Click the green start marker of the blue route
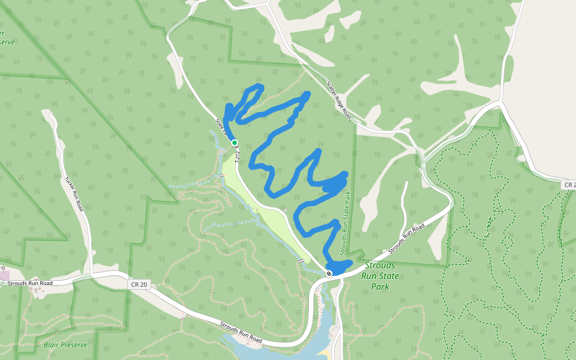[x=235, y=143]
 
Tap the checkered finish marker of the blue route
[x=329, y=274]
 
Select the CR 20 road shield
[x=138, y=284]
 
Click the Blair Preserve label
[x=65, y=345]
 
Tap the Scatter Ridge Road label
[x=339, y=100]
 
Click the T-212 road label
[x=238, y=157]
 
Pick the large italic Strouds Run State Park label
[x=379, y=276]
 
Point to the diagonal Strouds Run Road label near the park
[x=406, y=238]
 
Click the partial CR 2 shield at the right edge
[x=569, y=185]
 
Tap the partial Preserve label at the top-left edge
[x=7, y=42]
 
